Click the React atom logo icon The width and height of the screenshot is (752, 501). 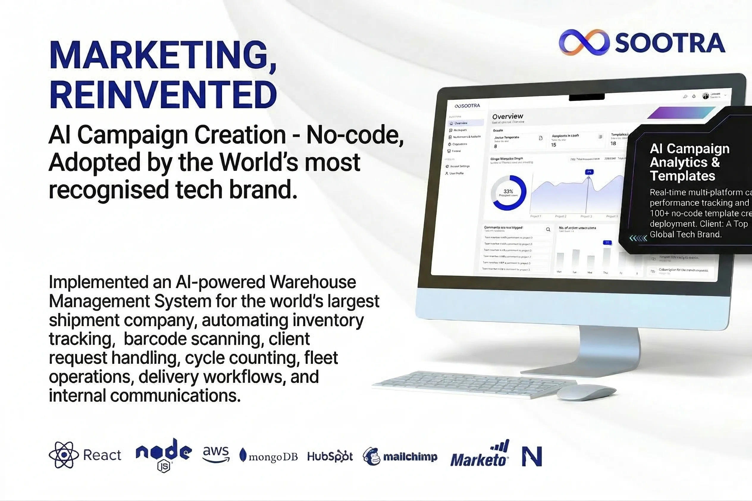pos(64,455)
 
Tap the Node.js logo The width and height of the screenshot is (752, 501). pos(164,454)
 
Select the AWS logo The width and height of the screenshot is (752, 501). pos(216,454)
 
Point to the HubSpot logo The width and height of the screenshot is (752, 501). pos(330,456)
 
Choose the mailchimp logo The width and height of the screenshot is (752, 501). pos(400,457)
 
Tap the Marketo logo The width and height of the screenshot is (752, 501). pos(479,455)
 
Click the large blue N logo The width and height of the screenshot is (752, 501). pos(532,456)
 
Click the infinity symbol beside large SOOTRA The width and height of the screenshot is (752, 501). pos(582,43)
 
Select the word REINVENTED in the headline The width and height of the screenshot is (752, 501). pos(163,95)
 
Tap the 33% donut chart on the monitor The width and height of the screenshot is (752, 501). pos(508,193)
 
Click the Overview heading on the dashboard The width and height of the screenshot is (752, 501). pos(507,116)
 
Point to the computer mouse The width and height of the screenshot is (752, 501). pos(586,393)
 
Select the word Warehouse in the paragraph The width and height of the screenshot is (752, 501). pos(313,282)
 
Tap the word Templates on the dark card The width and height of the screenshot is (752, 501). pos(682,176)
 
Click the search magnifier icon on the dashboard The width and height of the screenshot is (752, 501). pos(548,229)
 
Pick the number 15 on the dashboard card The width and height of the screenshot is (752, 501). pos(554,145)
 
